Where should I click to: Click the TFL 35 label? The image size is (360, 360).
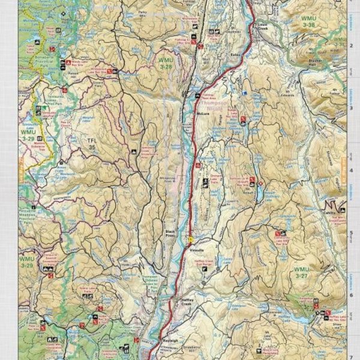click(x=91, y=143)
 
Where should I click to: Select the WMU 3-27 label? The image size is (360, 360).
click(x=301, y=274)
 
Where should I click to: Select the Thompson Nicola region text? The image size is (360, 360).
click(x=214, y=106)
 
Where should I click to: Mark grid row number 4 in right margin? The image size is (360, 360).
click(x=351, y=170)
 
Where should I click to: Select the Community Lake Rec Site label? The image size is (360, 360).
click(x=288, y=238)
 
